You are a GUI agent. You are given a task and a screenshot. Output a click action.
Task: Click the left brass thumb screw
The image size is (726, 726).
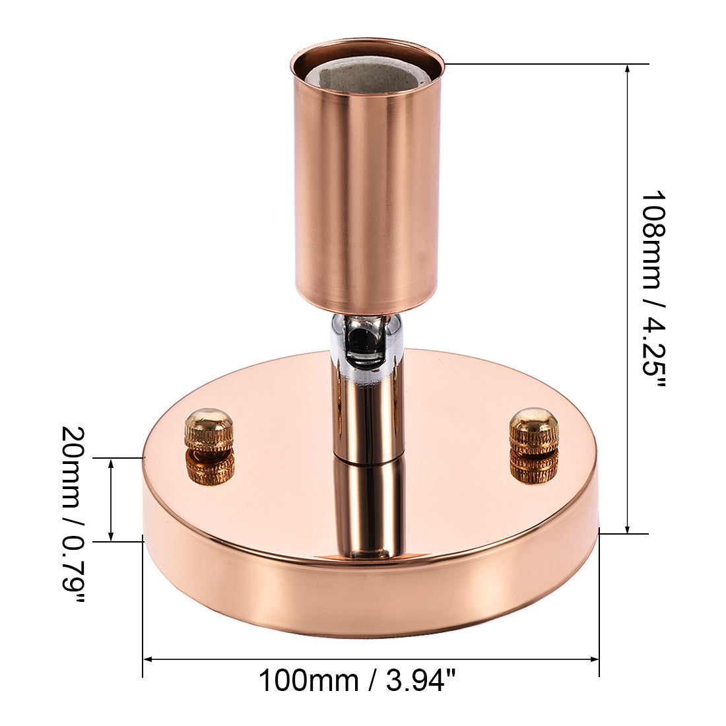(209, 429)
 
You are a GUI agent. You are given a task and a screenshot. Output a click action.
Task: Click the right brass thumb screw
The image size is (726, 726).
(533, 430)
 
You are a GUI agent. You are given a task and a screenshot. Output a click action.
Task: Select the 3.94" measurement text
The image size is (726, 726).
(421, 680)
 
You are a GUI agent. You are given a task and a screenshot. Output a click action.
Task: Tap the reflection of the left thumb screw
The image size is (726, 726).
(210, 467)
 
